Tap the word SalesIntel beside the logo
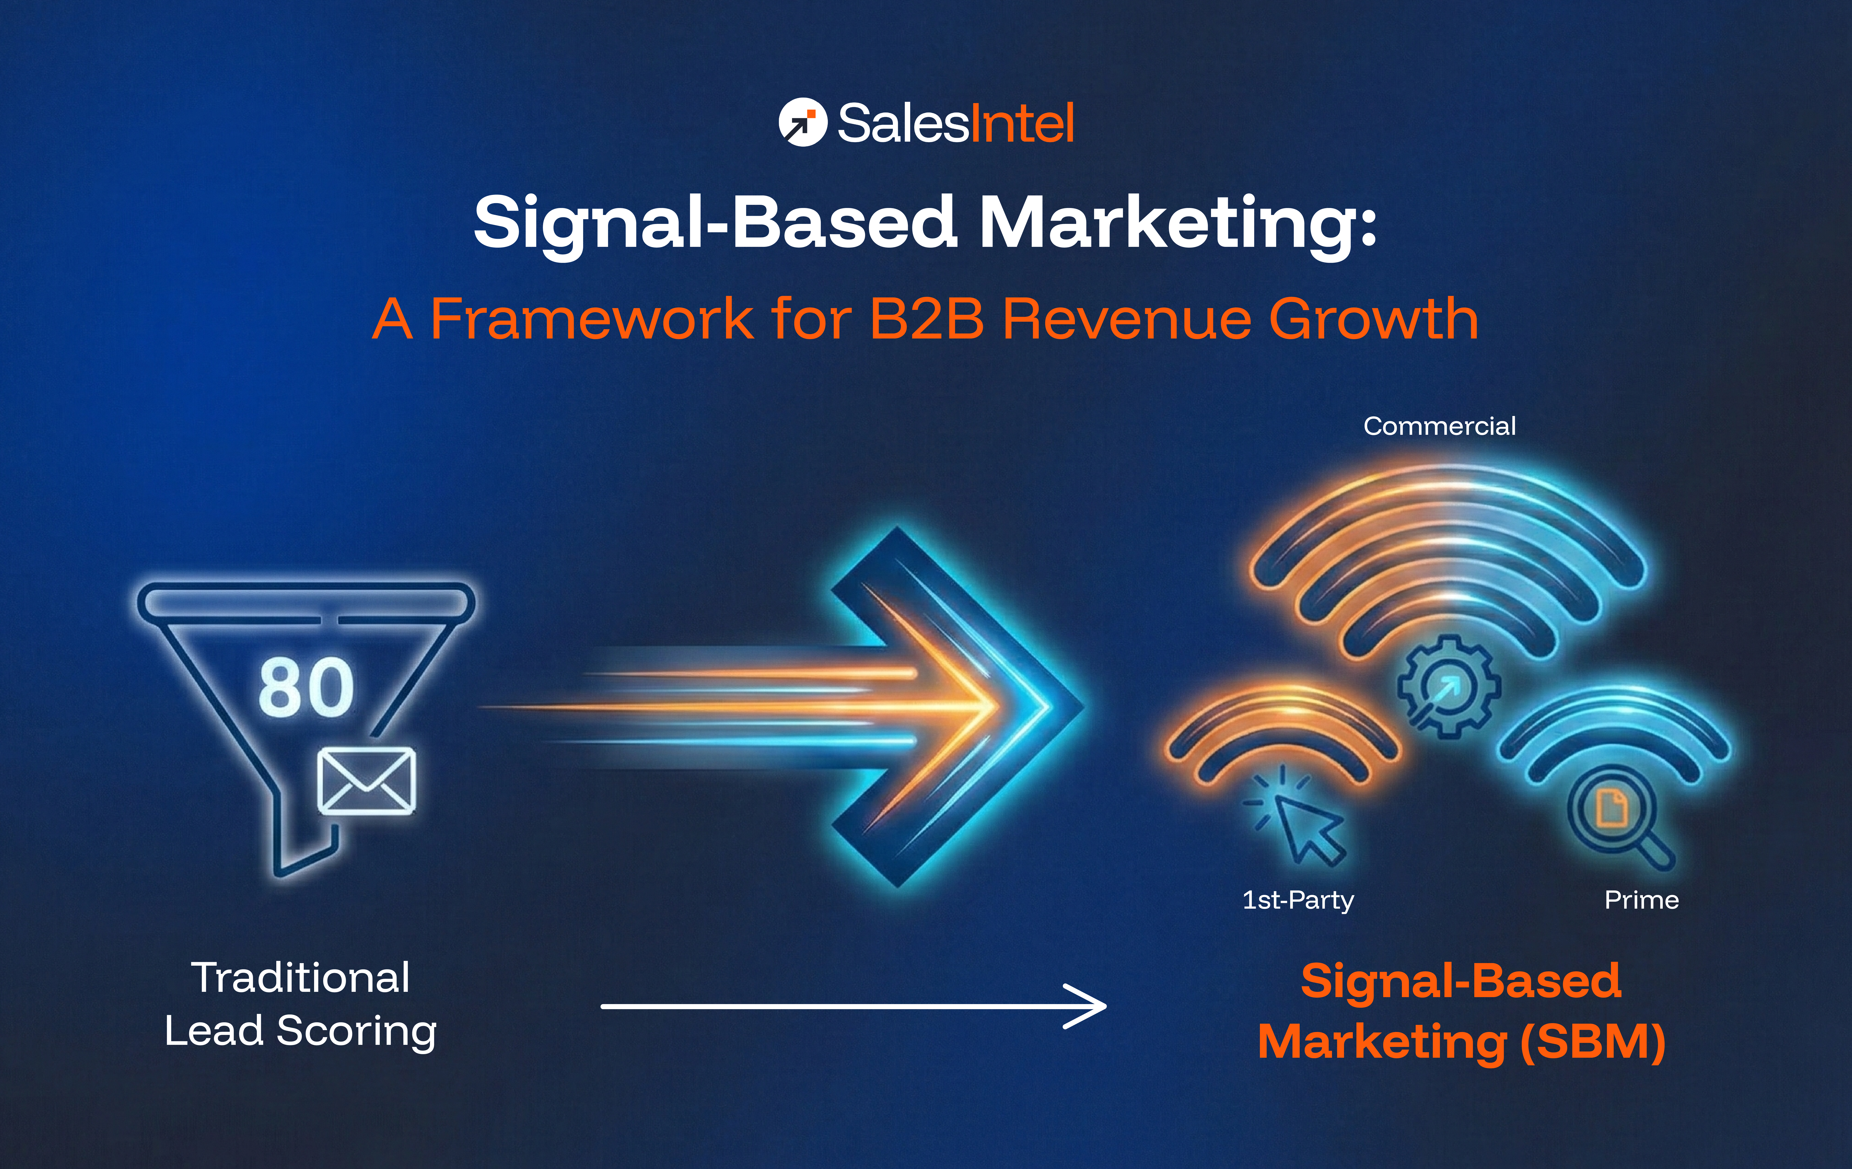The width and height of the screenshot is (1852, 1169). pos(955,123)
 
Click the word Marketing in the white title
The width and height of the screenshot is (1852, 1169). pos(1177,223)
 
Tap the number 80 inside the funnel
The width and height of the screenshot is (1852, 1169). pos(306,687)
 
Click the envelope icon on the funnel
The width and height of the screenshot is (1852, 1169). pos(367,781)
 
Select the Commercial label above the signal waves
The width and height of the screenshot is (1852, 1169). pos(1439,426)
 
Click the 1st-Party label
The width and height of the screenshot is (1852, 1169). pos(1298,900)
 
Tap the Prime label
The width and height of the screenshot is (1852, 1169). pos(1641,900)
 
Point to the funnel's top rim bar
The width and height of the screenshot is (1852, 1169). pos(306,600)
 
